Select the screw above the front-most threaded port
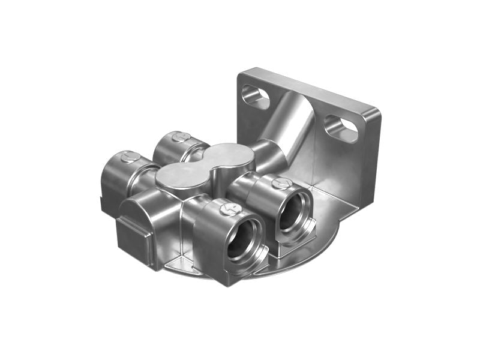coord(230,209)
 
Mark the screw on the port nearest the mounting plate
coord(280,184)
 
